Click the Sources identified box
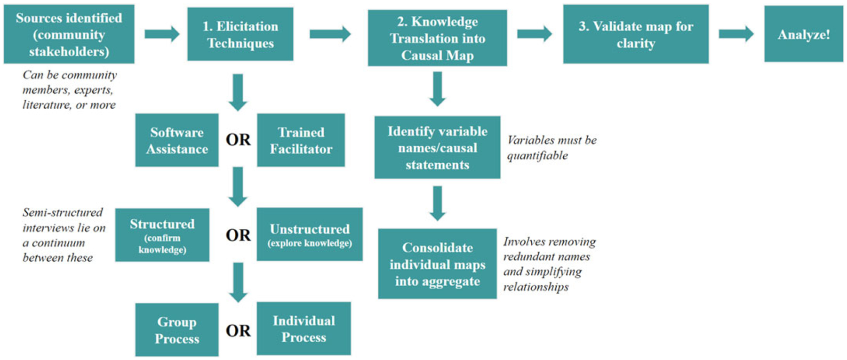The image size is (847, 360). point(69,34)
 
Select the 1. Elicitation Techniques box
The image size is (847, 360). point(240,34)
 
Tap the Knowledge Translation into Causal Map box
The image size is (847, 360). point(437,38)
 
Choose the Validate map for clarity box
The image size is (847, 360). point(635,34)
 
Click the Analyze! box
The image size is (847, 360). point(803,34)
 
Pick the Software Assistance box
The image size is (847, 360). point(176,140)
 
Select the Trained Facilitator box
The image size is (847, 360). point(301,140)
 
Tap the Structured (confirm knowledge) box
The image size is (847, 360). point(162,235)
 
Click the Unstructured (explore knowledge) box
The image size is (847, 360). point(309,234)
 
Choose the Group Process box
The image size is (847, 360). point(176,329)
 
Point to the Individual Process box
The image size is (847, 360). point(304,328)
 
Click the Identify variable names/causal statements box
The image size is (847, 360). point(437,147)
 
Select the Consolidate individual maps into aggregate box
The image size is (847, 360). point(437,264)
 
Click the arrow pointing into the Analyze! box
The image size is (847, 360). point(736,34)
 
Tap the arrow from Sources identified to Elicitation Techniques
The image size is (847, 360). point(162,34)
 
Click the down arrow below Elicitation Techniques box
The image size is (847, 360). point(238,92)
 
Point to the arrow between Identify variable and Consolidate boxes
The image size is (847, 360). point(437,203)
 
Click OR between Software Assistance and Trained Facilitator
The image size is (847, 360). point(238,140)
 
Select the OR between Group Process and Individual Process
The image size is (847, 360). point(238,331)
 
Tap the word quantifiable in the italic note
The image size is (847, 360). point(537,156)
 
